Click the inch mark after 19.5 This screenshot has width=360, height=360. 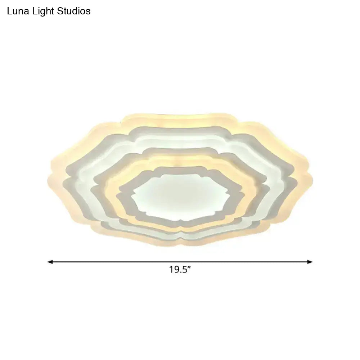pyautogui.click(x=189, y=267)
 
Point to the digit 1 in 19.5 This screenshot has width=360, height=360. pyautogui.click(x=171, y=270)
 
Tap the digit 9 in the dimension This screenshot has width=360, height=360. pyautogui.click(x=176, y=270)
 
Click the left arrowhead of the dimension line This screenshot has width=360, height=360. pyautogui.click(x=50, y=262)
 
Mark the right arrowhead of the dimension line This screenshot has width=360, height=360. pyautogui.click(x=310, y=262)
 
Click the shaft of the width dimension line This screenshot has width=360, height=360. pyautogui.click(x=180, y=262)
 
